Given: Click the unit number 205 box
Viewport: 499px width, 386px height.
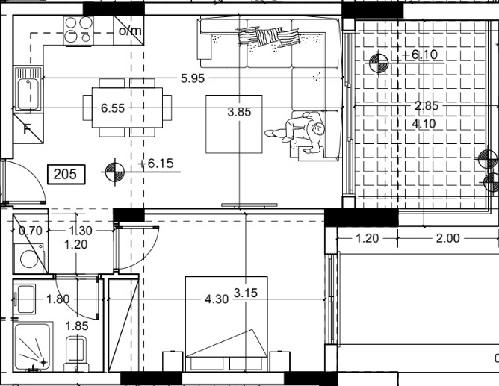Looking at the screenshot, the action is point(66,174).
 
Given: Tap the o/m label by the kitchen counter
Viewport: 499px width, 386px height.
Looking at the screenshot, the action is point(130,31).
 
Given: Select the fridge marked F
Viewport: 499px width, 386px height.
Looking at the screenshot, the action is point(28,128).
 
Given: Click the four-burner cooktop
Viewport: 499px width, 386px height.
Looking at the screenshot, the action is point(78,31).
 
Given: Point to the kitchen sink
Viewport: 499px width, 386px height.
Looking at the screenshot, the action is point(28,89).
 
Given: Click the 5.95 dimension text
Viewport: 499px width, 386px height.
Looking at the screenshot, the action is point(193,78).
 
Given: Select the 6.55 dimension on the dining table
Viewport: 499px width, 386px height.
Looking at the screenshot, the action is point(113,108).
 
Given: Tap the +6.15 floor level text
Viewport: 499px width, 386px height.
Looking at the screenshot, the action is point(156,164).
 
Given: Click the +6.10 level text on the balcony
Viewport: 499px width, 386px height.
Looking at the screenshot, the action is point(420,55).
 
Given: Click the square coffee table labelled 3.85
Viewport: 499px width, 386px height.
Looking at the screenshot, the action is point(234,124).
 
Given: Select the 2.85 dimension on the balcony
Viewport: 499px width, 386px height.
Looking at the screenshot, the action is point(426,105).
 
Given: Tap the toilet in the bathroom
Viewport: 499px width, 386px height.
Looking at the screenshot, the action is point(77,354).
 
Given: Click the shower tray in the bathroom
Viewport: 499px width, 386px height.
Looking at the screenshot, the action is point(32,346).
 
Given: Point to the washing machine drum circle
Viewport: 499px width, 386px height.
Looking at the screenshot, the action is point(29,259).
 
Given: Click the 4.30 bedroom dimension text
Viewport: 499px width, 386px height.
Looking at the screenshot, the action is point(217,299).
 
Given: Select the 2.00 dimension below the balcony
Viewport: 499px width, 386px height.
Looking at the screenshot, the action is point(447,238).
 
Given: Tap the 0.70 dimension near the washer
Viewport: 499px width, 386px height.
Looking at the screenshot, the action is point(31,231).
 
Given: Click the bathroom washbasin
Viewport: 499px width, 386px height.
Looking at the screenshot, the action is point(26,299).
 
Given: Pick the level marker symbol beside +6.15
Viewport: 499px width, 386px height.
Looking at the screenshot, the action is point(114,172).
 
